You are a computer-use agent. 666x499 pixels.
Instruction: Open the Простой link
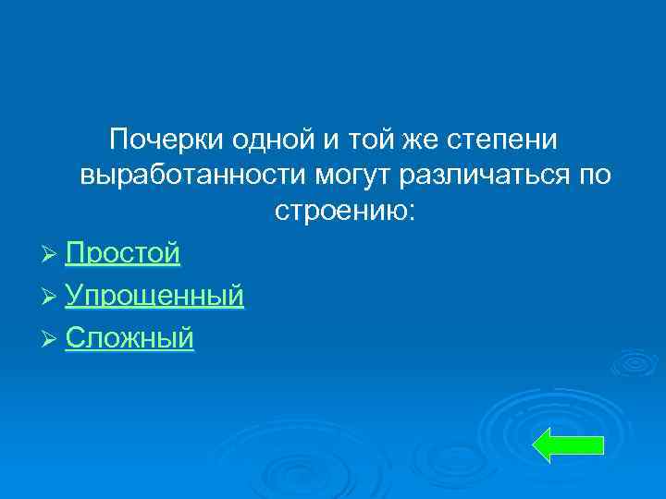(x=122, y=253)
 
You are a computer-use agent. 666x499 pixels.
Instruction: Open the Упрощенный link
(x=154, y=296)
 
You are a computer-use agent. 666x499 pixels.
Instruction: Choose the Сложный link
(x=129, y=338)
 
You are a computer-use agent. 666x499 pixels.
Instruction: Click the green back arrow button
(x=569, y=444)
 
